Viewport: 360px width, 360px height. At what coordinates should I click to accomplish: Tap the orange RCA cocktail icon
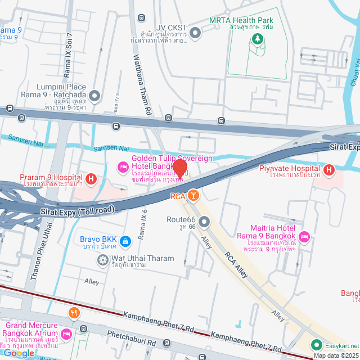click(193, 195)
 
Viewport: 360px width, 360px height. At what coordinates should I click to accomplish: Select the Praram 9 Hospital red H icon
click(91, 180)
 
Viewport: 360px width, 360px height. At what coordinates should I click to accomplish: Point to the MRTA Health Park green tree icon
click(258, 38)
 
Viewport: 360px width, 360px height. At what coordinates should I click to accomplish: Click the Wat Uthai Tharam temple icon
click(102, 259)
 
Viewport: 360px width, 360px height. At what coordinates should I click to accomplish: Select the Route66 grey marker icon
click(204, 223)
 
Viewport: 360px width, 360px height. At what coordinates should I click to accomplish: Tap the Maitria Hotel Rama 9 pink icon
click(304, 236)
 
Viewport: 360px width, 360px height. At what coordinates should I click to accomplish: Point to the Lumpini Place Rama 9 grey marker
click(94, 96)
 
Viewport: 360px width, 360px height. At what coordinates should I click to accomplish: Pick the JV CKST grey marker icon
click(195, 33)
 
